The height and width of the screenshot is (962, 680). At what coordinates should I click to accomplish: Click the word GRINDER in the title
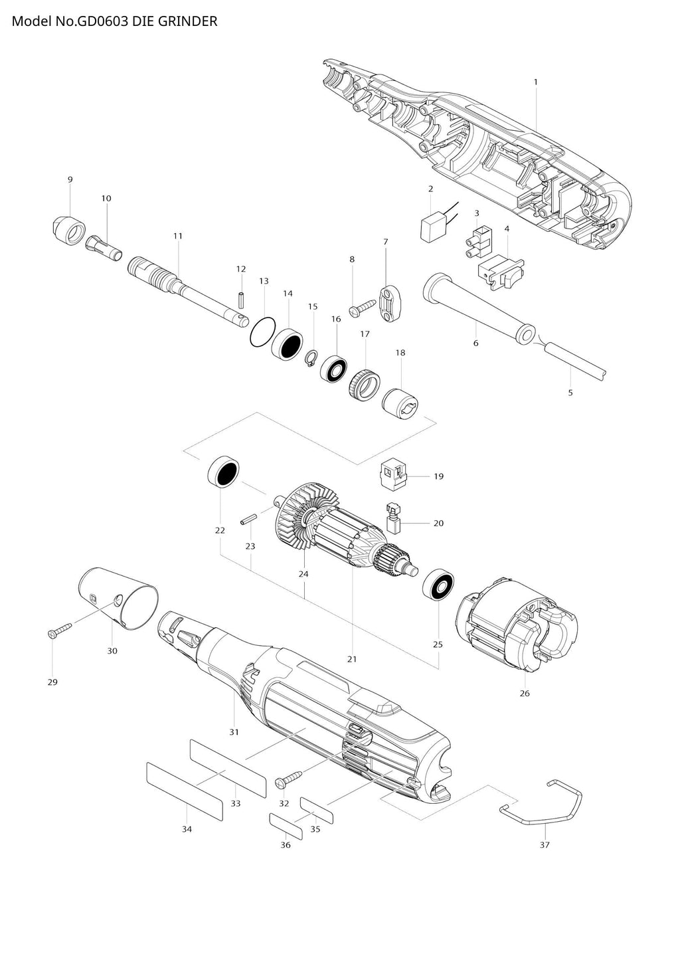[x=187, y=21]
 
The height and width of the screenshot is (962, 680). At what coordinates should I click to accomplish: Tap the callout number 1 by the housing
[x=535, y=82]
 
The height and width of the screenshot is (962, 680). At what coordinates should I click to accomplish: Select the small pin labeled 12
[x=241, y=300]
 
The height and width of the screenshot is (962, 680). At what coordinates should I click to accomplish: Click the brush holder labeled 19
[x=394, y=476]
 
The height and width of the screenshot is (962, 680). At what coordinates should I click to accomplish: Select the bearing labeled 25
[x=440, y=586]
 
